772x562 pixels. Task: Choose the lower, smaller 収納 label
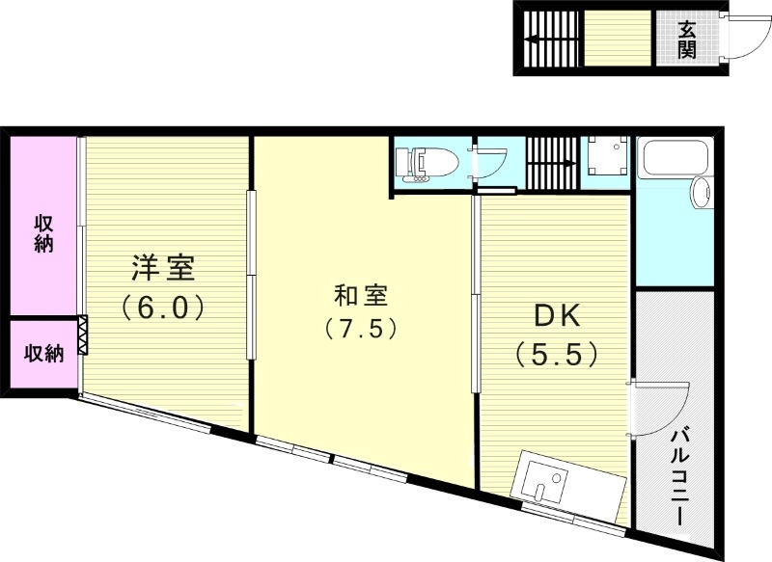coord(43,354)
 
